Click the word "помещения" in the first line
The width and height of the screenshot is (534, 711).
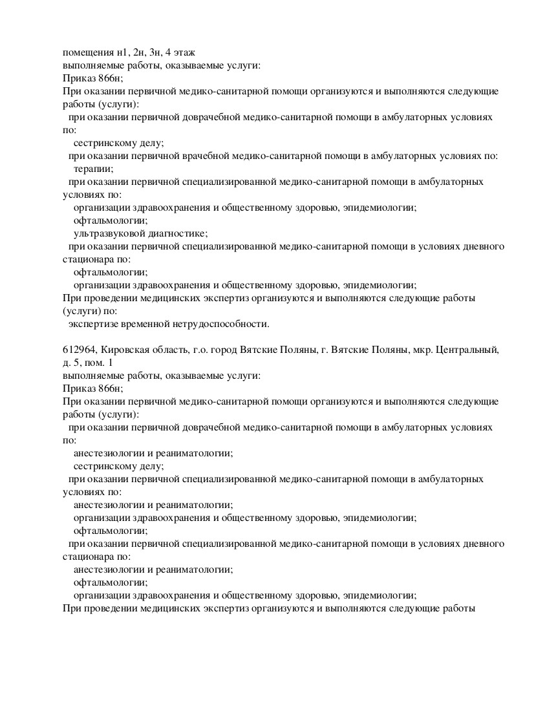tap(86, 52)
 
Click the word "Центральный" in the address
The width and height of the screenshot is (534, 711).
tap(467, 350)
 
